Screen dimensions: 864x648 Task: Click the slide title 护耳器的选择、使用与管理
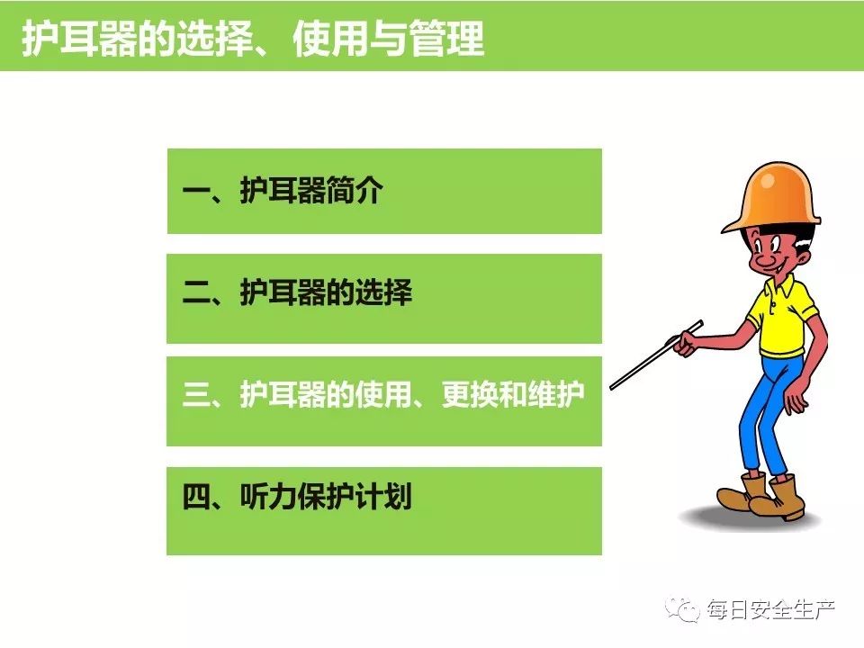pyautogui.click(x=253, y=39)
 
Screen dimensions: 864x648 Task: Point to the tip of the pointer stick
pyautogui.click(x=611, y=388)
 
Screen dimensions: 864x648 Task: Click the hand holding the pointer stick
pyautogui.click(x=684, y=343)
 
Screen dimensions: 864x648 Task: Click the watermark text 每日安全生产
pyautogui.click(x=771, y=610)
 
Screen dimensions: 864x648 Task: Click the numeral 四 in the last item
pyautogui.click(x=196, y=497)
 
